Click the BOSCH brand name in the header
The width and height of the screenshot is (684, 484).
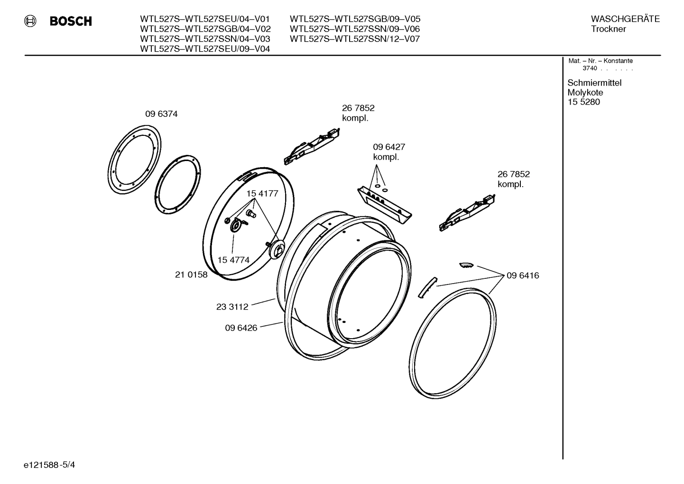(71, 21)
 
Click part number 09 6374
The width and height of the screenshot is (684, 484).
(161, 114)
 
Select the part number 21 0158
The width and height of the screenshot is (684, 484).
(191, 275)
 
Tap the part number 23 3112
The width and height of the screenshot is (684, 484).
(232, 307)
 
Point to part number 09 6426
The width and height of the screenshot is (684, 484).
(241, 328)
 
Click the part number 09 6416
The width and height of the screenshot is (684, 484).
(522, 275)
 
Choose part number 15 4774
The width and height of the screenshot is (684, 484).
(233, 260)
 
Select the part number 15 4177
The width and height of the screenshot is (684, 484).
(262, 194)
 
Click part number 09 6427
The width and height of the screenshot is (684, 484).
(388, 147)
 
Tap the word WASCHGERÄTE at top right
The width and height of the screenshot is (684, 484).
(625, 19)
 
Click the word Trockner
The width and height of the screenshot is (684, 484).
(608, 29)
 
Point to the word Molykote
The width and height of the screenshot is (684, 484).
(585, 93)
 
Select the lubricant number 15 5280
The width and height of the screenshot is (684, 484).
(583, 102)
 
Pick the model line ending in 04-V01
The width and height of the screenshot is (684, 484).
(204, 19)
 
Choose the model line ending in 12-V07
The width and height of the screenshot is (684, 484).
(354, 39)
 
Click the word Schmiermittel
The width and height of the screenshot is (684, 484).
(594, 83)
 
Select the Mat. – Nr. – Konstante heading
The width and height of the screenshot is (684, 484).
(600, 61)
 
